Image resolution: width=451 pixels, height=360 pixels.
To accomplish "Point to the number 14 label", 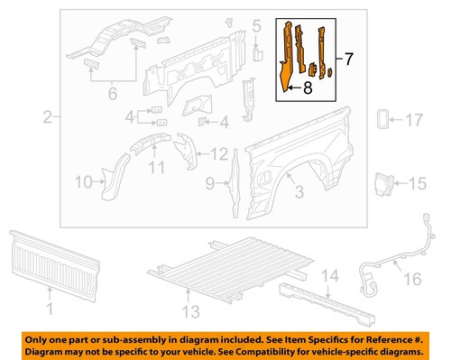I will click(331, 275).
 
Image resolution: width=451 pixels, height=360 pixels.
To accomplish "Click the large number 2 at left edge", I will click(48, 116).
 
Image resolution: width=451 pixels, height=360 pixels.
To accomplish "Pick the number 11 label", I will click(154, 169).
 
